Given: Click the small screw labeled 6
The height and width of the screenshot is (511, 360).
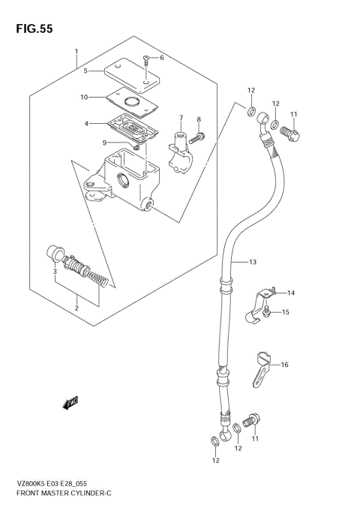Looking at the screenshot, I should point(147,57).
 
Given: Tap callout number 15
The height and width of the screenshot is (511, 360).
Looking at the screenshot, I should point(286,312).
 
